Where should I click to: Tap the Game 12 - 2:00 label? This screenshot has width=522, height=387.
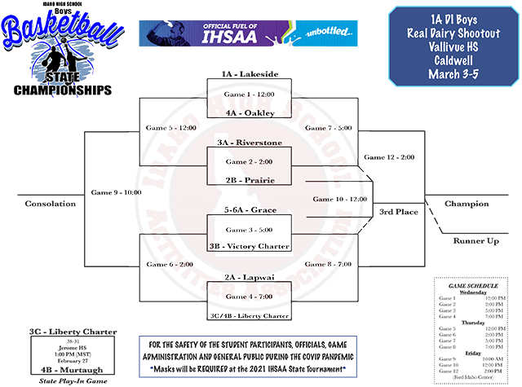pyautogui.click(x=390, y=156)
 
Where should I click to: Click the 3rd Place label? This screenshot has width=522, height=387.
pyautogui.click(x=397, y=213)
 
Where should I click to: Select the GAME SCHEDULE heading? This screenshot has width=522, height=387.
pyautogui.click(x=473, y=288)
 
